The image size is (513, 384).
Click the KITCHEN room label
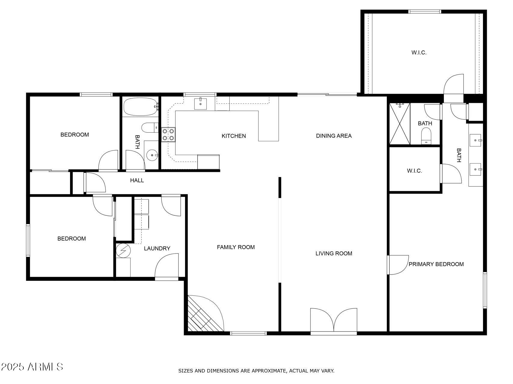coord(234,136)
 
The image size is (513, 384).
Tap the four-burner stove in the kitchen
coord(168,134)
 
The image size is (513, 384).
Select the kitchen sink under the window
coord(200,103)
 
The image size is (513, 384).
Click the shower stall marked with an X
coord(400,124)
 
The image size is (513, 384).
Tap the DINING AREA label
coord(334,136)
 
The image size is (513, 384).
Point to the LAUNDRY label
coord(157,248)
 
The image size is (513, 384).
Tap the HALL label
coord(137,180)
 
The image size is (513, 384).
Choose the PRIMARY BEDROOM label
coord(436,264)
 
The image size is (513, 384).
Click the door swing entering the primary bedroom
coord(398,265)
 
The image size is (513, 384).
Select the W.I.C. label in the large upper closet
coord(419,52)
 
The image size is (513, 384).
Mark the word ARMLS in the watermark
coord(45,367)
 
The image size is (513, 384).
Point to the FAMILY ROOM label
coord(236,247)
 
